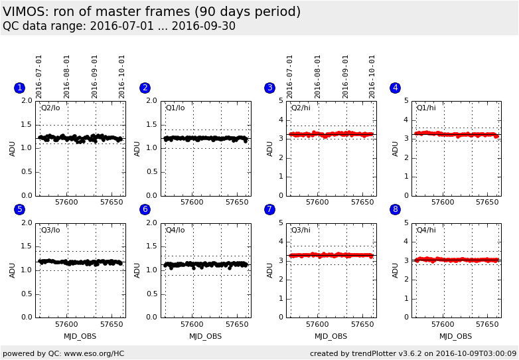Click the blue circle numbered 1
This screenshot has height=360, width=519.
19,88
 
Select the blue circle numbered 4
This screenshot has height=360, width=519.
395,88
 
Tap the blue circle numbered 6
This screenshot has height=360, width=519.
145,209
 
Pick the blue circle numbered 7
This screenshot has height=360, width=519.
269,209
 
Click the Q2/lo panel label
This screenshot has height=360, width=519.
50,108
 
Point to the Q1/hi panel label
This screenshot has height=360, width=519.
426,108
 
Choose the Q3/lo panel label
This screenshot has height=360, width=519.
50,230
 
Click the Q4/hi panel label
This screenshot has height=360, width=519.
426,230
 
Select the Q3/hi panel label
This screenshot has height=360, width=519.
301,230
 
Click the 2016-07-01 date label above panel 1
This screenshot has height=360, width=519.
39,76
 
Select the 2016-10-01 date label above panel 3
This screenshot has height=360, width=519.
372,76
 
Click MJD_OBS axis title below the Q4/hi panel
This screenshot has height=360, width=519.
456,336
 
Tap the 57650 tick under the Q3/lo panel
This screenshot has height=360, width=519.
111,324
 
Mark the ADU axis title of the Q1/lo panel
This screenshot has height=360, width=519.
137,148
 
